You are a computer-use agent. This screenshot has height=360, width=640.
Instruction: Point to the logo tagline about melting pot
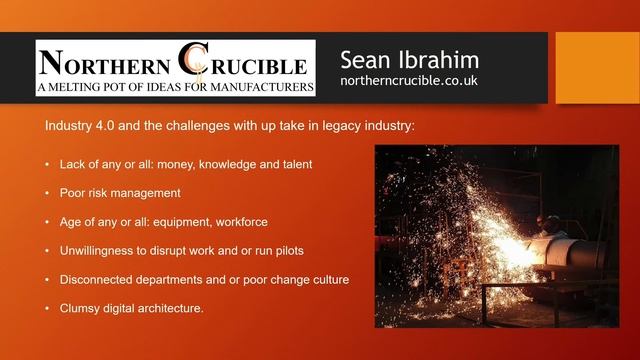point(175,87)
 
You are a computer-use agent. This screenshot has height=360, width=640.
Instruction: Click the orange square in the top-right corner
point(596,67)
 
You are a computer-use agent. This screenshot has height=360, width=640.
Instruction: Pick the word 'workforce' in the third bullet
point(240,221)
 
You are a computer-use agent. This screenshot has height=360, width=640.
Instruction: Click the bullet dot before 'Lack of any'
point(48,163)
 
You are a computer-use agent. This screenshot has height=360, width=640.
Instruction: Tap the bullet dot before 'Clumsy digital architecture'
point(48,308)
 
